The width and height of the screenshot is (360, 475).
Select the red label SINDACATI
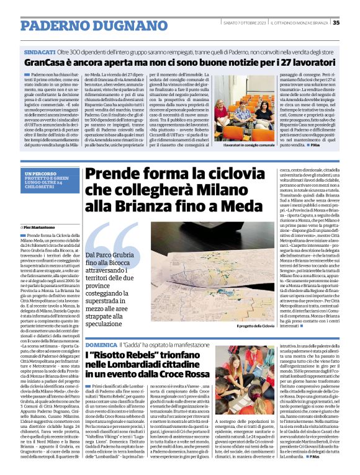(38, 53)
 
